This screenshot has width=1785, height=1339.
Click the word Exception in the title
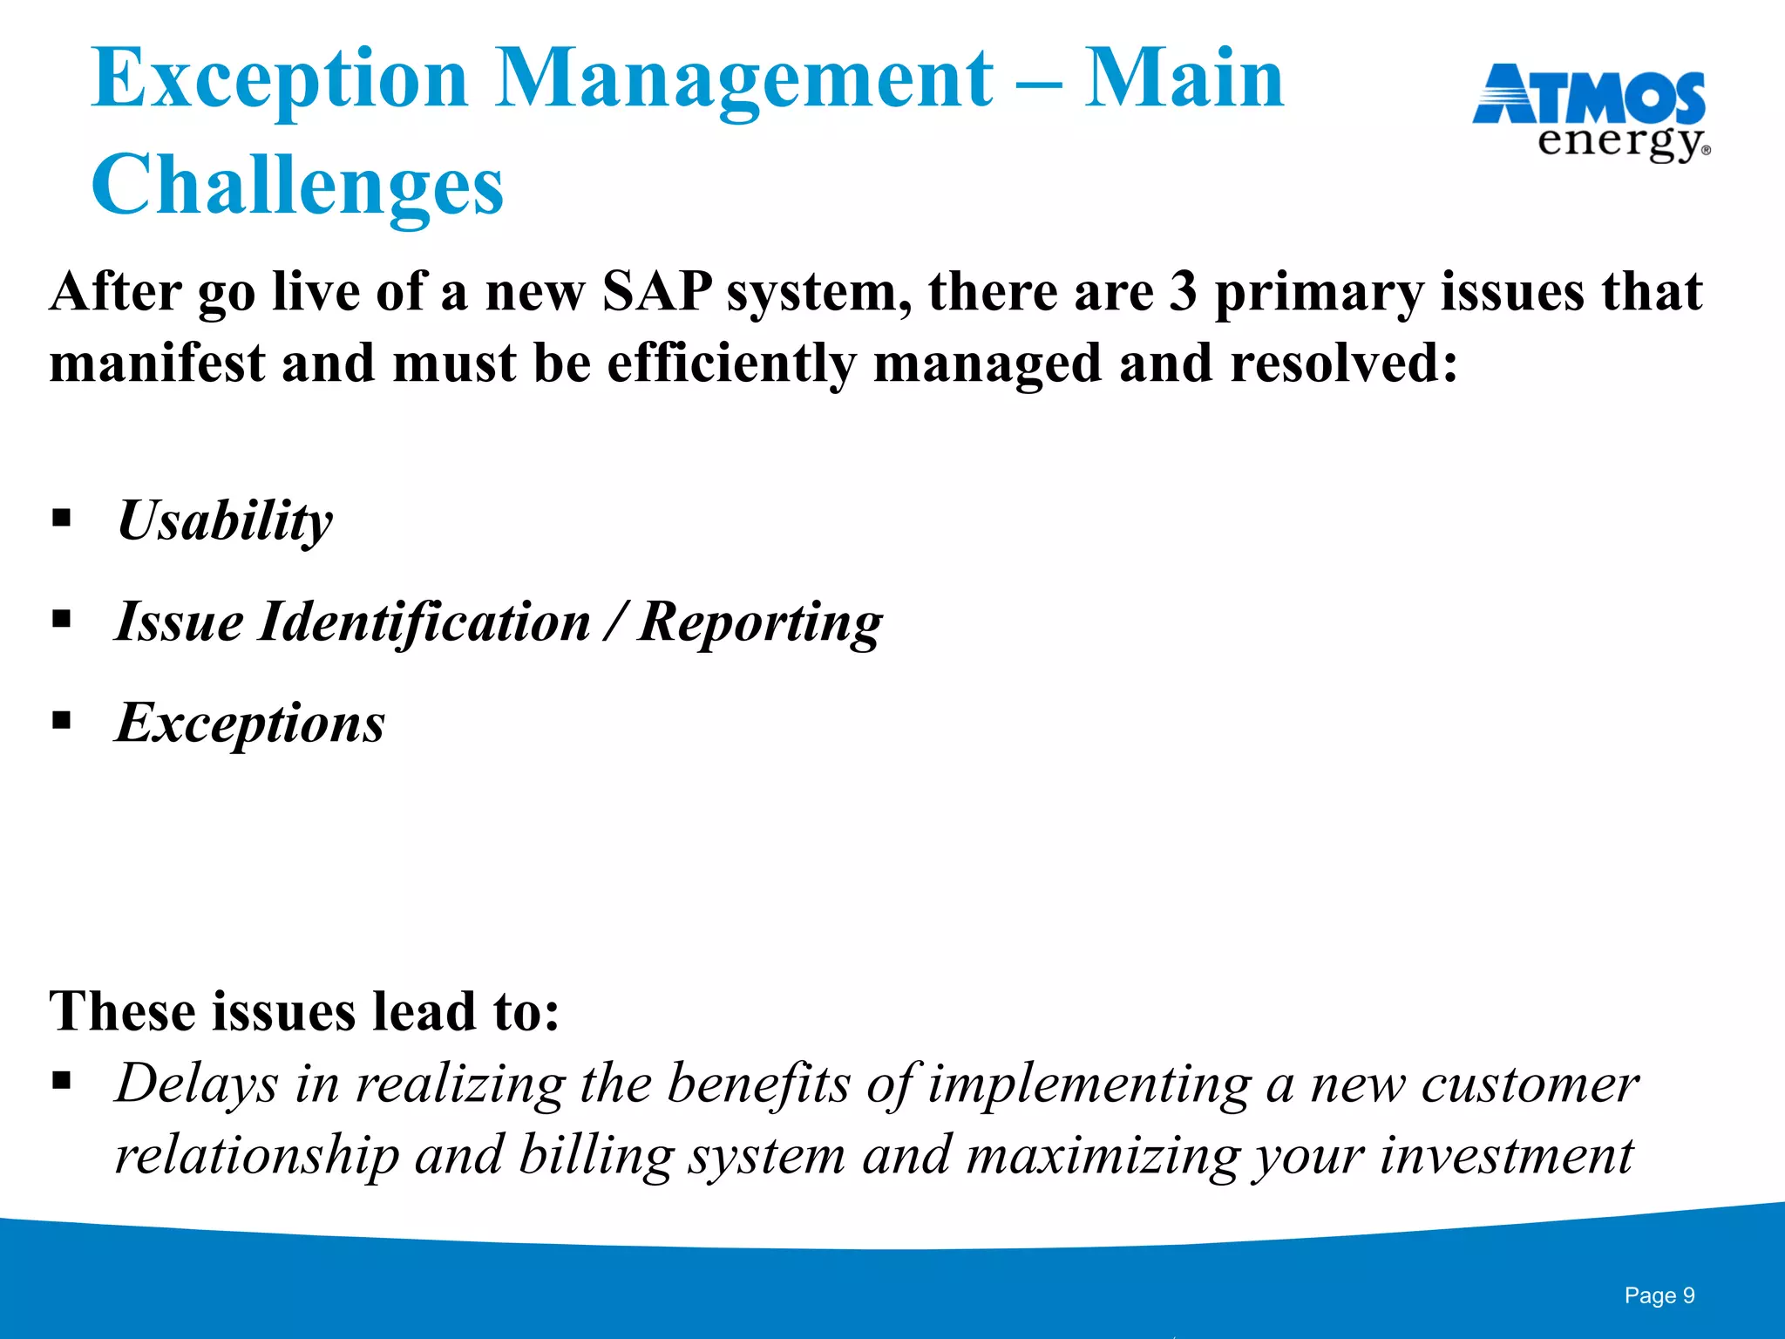click(280, 80)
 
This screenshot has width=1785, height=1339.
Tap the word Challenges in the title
click(297, 186)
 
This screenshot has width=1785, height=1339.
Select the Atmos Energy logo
click(1591, 112)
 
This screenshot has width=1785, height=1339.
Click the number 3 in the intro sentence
click(1183, 291)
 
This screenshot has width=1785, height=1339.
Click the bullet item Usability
click(225, 521)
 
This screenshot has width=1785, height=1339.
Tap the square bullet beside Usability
click(62, 519)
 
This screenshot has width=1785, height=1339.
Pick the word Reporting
click(759, 622)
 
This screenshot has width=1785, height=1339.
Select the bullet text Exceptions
click(250, 724)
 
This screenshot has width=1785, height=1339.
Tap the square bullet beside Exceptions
click(62, 721)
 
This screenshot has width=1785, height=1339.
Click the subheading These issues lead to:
click(304, 1011)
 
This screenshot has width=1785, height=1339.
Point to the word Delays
click(197, 1084)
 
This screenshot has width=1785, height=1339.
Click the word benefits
click(758, 1084)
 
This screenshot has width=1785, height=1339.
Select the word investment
click(1506, 1156)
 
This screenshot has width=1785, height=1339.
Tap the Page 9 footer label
click(1659, 1295)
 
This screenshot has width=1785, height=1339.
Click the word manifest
click(157, 364)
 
